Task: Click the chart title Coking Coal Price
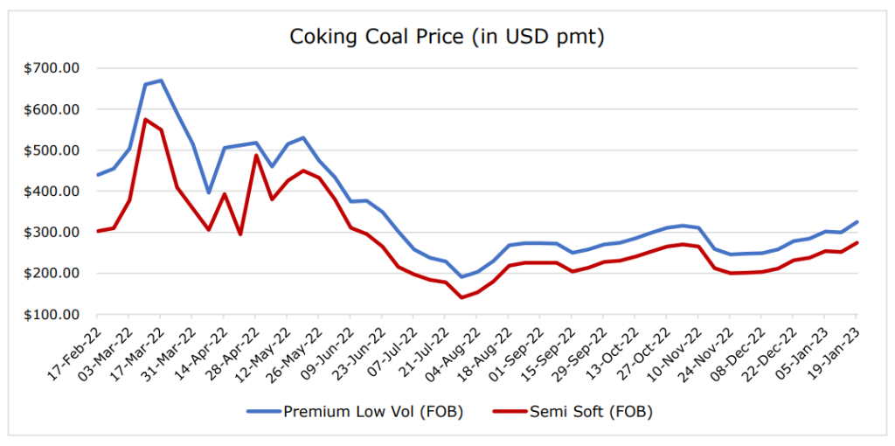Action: coord(447,38)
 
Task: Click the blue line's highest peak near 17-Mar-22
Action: coord(161,80)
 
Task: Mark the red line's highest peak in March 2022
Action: coord(145,120)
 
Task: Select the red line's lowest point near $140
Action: coord(461,297)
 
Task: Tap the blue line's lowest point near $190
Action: coord(461,276)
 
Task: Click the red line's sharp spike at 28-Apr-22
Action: coord(255,156)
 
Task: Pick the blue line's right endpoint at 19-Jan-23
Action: coord(857,221)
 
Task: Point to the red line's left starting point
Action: coord(97,231)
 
